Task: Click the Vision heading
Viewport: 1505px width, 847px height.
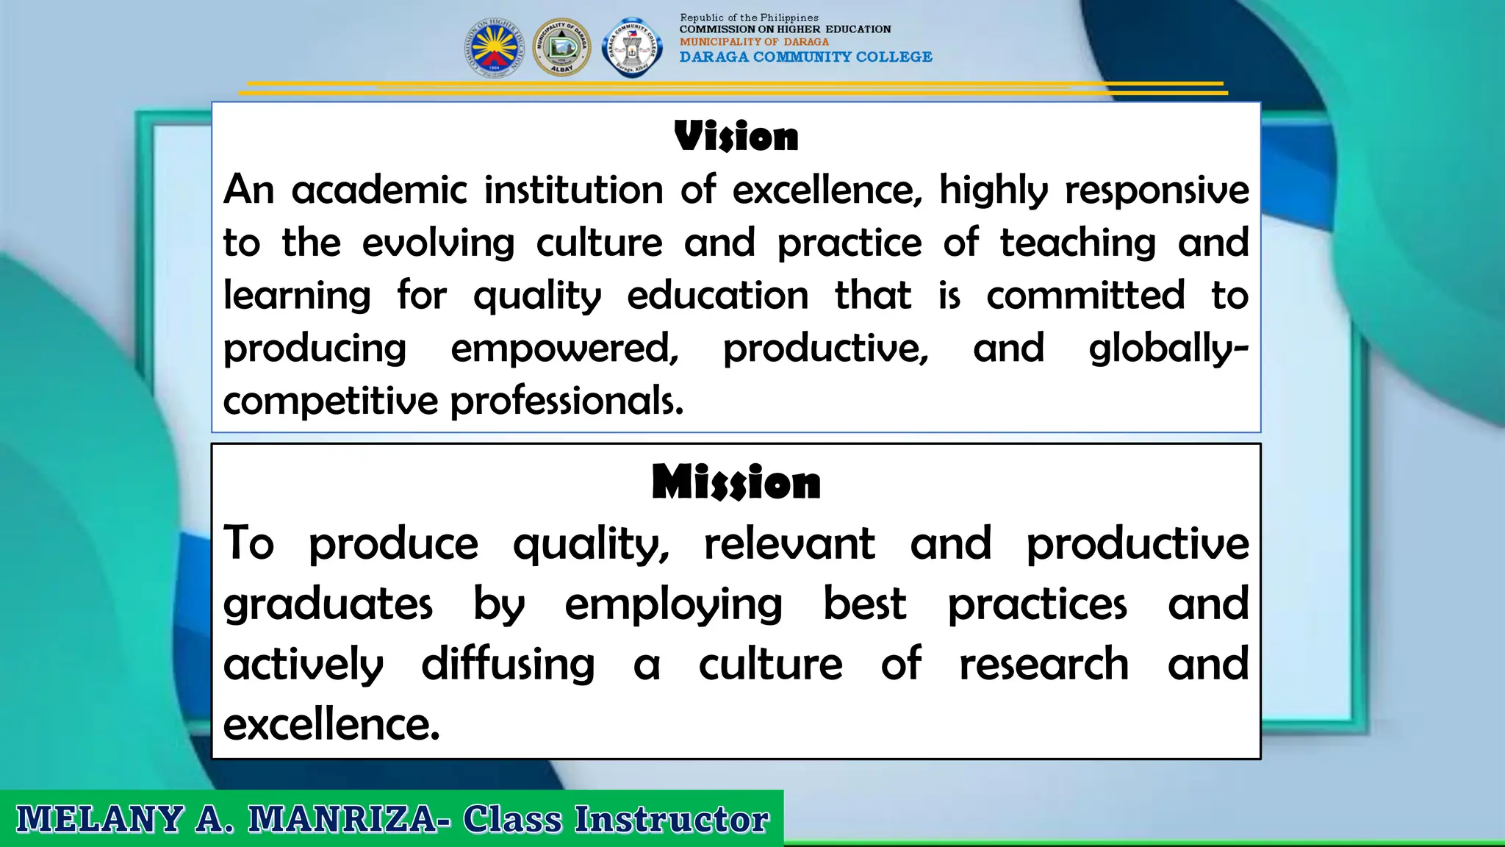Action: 736,137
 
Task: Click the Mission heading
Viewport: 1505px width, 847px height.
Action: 736,483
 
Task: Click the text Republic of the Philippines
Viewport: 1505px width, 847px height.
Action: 749,18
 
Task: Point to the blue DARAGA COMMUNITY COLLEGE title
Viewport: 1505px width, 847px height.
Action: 805,57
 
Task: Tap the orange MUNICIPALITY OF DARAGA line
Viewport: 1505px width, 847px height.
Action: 754,42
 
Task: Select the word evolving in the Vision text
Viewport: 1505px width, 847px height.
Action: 438,244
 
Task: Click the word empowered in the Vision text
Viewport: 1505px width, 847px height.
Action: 564,349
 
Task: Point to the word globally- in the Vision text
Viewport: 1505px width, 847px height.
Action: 1168,349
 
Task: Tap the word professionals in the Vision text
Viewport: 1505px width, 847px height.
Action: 567,401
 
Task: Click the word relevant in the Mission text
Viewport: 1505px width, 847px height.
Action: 789,544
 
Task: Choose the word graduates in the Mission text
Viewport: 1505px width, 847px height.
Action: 328,605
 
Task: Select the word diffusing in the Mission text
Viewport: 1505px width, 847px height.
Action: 508,665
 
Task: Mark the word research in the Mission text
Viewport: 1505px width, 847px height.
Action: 1044,665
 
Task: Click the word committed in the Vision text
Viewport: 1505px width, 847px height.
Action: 1085,296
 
